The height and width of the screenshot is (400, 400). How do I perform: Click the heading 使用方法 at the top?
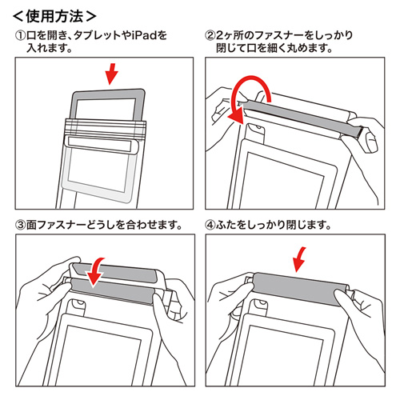[x=56, y=14]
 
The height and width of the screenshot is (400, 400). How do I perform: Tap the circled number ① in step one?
[x=20, y=36]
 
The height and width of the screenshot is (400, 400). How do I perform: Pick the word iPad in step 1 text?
[x=149, y=36]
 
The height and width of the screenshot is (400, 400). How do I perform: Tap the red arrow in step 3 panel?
[x=96, y=271]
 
